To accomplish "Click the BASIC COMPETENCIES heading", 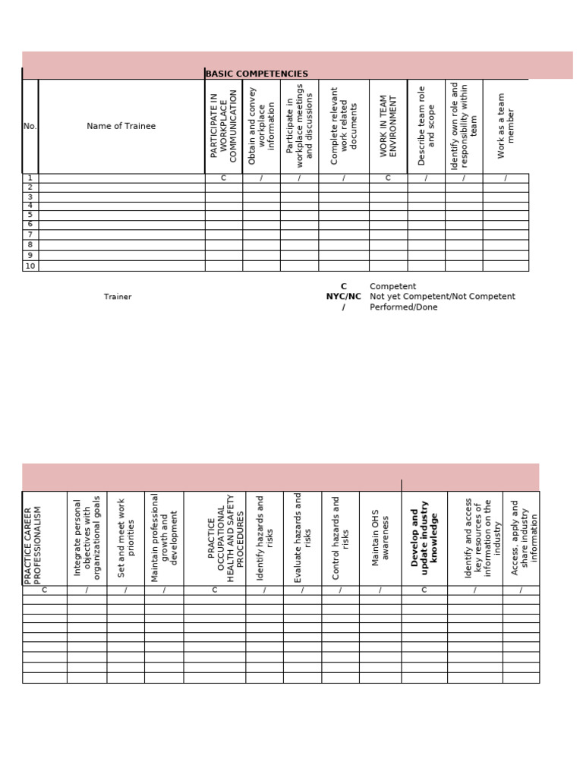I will point(257,74).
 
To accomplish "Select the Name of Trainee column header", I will point(121,126).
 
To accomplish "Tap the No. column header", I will point(30,126).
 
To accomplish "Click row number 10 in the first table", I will point(30,266).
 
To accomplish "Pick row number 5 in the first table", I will point(30,215).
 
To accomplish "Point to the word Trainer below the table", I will point(118,297).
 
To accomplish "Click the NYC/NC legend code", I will point(343,297).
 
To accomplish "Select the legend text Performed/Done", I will point(403,307).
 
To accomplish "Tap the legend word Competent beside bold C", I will point(392,286).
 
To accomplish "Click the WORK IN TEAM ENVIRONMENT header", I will point(389,126).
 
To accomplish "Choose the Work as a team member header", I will point(506,126).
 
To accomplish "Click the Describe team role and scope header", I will point(426,126).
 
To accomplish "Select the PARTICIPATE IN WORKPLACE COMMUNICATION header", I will point(223,126).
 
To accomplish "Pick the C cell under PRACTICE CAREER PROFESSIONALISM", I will point(44,590).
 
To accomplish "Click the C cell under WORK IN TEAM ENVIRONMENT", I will point(388,178).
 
